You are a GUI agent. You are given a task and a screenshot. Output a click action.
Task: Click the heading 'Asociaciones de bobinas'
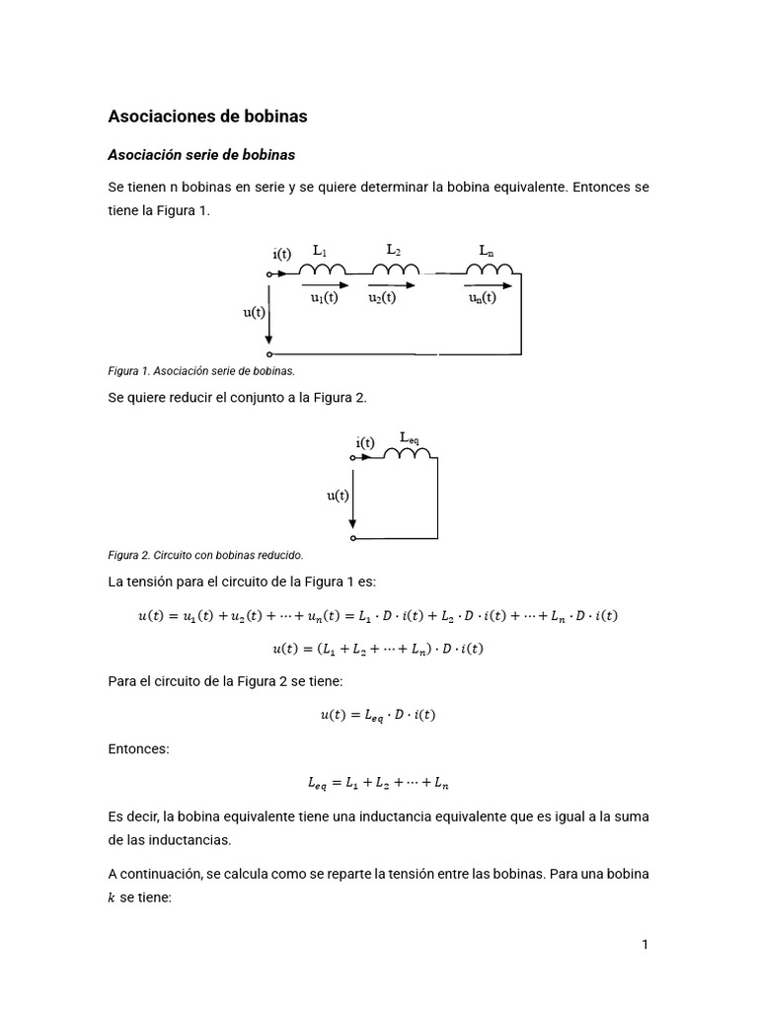coord(207,117)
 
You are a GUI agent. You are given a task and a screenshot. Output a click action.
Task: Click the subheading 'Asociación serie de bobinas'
coord(201,155)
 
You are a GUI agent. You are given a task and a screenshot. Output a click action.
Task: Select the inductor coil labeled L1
coord(327,271)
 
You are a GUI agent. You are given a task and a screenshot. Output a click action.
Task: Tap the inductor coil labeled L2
coord(396,271)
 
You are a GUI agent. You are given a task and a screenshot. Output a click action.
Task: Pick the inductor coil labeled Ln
coord(492,271)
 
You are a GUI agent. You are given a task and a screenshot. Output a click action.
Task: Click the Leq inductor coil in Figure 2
coord(409,454)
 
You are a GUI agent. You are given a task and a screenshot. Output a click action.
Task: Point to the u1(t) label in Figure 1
coord(324,297)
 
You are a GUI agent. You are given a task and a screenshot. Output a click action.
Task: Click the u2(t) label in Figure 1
coord(382,297)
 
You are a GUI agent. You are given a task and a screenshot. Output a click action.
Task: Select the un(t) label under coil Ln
coord(483,297)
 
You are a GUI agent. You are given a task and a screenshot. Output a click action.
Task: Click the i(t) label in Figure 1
coord(282,253)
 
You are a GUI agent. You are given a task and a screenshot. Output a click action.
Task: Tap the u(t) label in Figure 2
coord(339,496)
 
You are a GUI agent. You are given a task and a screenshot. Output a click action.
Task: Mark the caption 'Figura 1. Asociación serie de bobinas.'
coord(201,371)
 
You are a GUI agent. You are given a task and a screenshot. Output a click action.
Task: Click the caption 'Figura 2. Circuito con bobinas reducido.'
coord(205,555)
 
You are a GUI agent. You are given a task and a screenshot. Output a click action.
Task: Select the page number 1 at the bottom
coord(644,945)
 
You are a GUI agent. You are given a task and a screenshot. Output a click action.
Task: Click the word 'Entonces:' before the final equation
coord(138,749)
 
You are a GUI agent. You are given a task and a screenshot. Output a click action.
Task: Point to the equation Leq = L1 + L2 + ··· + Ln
coord(378,784)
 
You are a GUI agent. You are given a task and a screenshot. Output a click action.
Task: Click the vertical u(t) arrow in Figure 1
coord(269,321)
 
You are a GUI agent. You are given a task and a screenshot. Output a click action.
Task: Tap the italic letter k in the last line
coord(111,898)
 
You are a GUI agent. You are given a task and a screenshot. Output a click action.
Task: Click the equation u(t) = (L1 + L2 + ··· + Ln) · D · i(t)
coord(378,649)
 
